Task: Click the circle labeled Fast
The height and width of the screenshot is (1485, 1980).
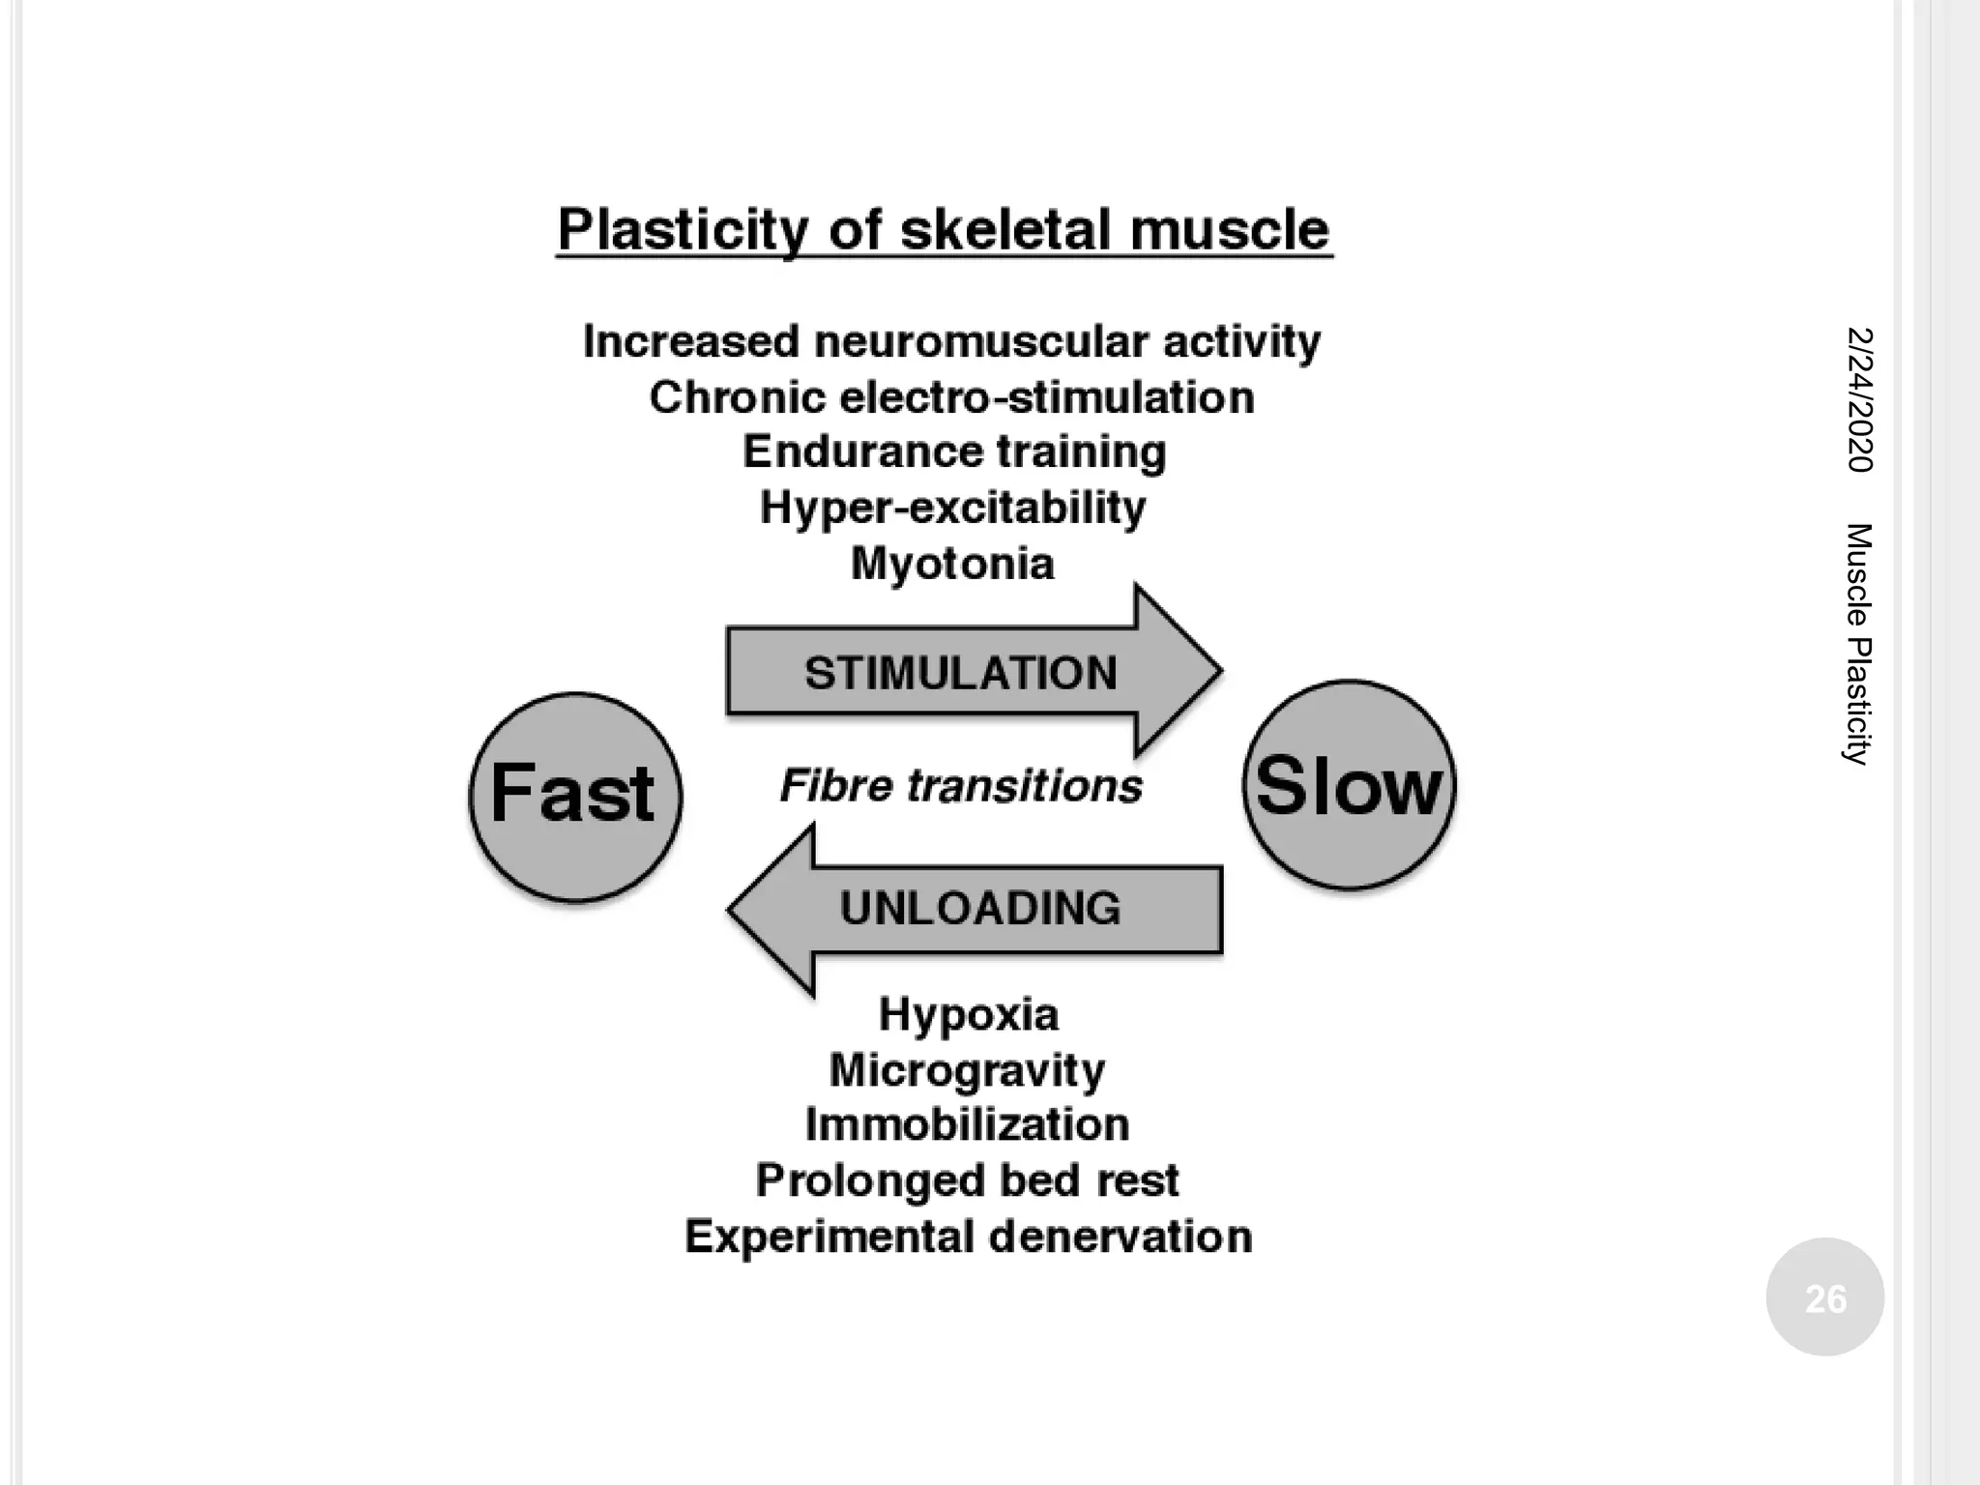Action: (575, 797)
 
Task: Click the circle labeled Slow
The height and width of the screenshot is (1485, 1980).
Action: (1349, 785)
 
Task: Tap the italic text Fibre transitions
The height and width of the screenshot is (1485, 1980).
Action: (961, 786)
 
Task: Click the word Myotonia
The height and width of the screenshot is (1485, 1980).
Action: (952, 564)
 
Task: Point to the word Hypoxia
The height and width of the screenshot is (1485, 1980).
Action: (969, 1014)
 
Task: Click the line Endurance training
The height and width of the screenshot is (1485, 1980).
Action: (954, 451)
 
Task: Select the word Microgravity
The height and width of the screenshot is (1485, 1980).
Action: (967, 1070)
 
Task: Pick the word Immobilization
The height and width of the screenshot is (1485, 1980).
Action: (967, 1124)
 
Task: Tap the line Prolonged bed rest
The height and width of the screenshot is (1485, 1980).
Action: (967, 1180)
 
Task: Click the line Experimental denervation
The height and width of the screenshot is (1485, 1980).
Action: (968, 1237)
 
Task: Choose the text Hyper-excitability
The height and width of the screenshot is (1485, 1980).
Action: (952, 508)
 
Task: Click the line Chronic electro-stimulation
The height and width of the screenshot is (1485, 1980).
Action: (951, 397)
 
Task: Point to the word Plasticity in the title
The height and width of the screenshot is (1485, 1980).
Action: (683, 230)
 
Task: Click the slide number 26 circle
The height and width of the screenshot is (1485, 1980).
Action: (1824, 1297)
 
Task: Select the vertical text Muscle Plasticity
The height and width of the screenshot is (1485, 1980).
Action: (1858, 644)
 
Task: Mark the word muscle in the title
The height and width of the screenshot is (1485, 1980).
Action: (1229, 230)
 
